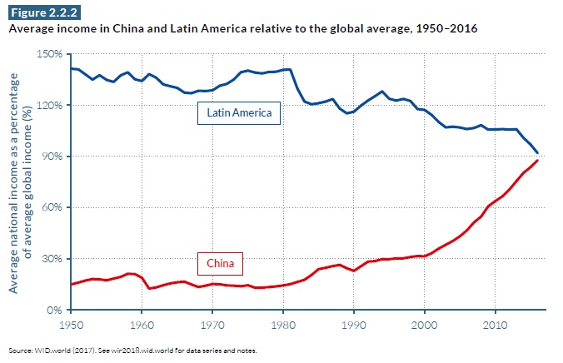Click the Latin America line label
tap(238, 112)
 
